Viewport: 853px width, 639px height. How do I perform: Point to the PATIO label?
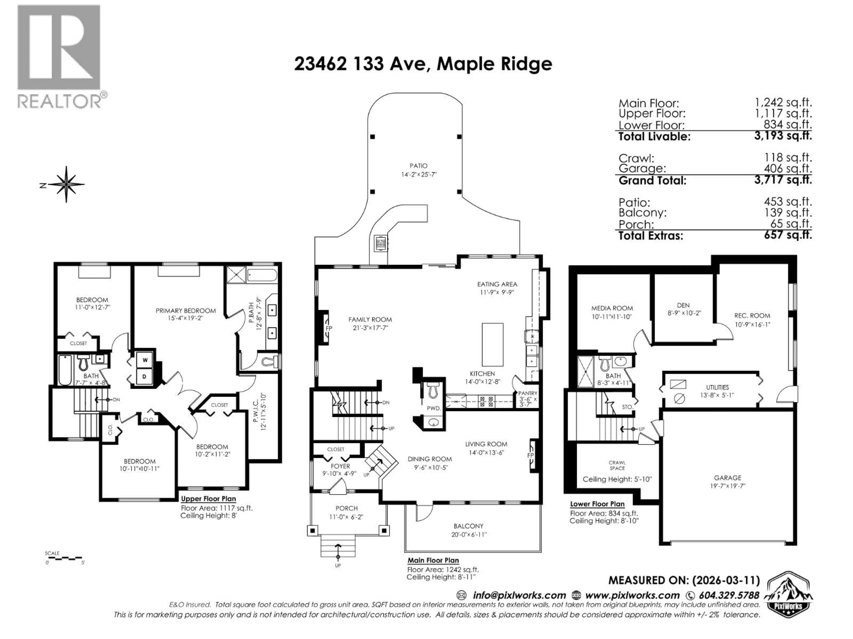point(419,166)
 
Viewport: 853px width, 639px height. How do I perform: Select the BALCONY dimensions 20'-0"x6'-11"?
point(469,535)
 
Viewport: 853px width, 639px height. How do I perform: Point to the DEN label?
point(683,305)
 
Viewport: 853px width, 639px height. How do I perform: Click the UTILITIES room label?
point(717,387)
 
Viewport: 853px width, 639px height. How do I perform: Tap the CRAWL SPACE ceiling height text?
point(617,479)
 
